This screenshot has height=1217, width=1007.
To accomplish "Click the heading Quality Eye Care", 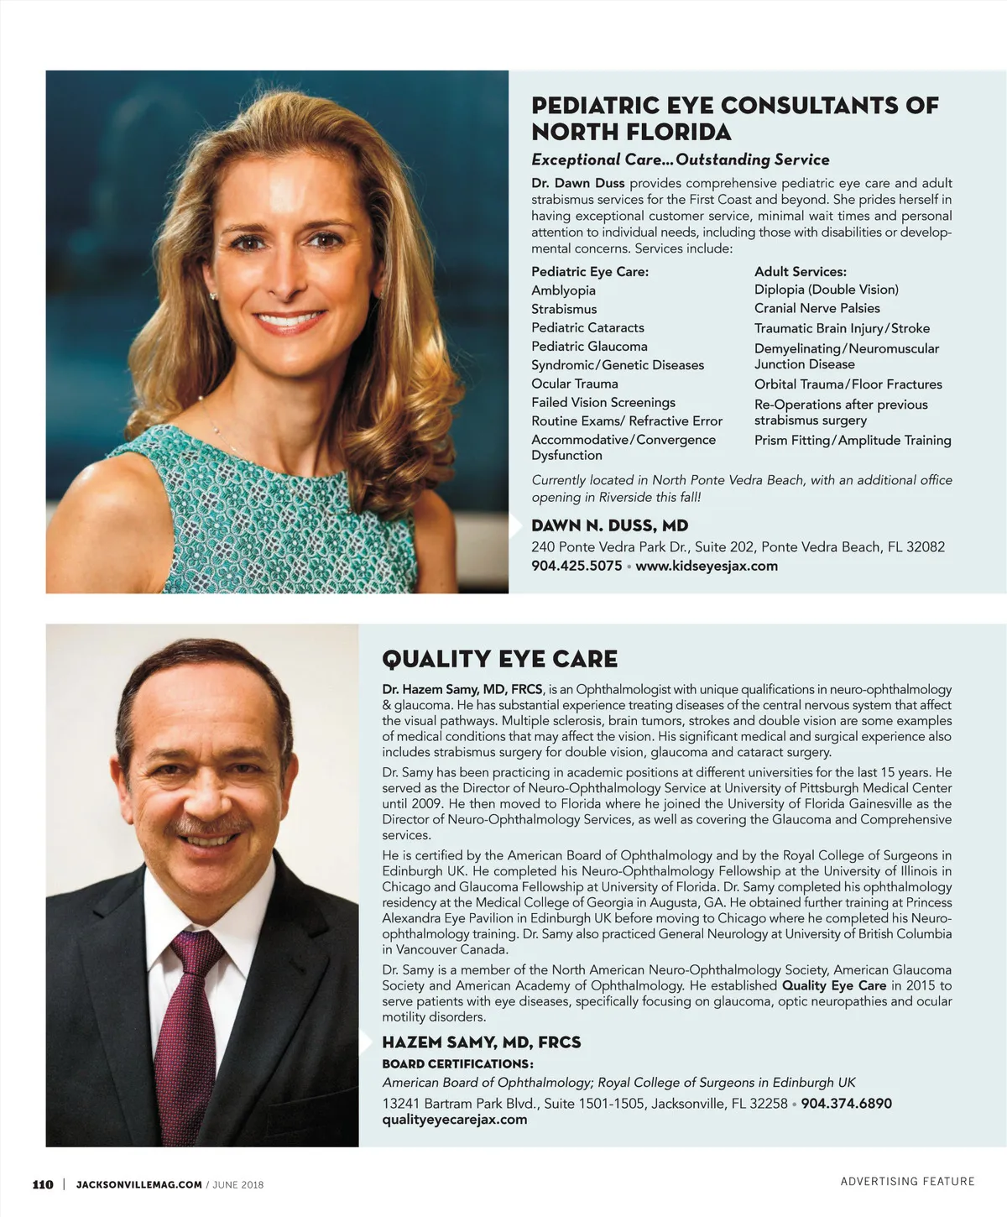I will (499, 659).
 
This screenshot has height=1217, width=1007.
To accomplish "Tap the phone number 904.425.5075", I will (577, 566).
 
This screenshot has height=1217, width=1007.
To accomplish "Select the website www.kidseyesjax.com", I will (707, 566).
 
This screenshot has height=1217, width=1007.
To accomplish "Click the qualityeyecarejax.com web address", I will (454, 1119).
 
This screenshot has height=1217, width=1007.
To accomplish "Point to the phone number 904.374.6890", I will (846, 1103).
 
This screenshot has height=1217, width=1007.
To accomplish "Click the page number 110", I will (43, 1184).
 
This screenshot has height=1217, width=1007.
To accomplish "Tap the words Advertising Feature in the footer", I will (907, 1181).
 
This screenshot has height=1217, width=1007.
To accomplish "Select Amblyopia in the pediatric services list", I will (563, 290).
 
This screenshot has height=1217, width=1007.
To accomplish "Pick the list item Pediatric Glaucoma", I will (589, 346).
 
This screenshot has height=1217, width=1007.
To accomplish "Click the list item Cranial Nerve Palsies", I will (817, 308).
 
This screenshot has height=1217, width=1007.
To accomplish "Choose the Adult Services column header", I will (800, 271).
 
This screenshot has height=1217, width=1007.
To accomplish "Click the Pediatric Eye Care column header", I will (589, 271).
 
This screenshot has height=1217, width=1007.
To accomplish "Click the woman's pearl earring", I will (213, 295).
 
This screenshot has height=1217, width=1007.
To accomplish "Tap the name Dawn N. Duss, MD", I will (609, 525).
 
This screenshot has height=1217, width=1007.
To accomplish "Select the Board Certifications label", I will (457, 1063).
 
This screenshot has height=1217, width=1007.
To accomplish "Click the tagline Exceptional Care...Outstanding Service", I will (680, 159).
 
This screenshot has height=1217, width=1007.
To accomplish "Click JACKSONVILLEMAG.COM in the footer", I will (138, 1184).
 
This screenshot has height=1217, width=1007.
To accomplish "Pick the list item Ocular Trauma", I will (574, 384).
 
